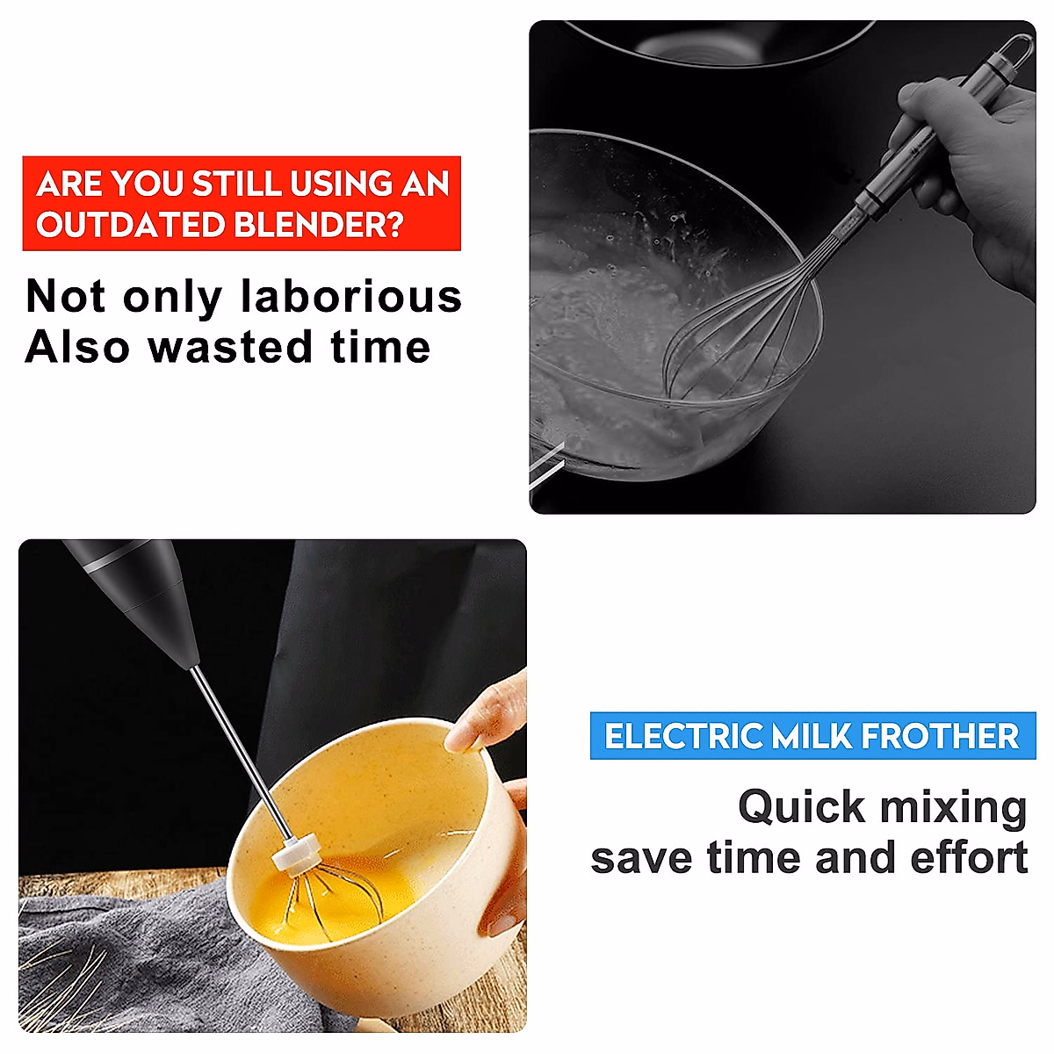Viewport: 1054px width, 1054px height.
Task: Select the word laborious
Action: pos(351,297)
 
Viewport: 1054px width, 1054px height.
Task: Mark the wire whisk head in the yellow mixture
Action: pos(334,896)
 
